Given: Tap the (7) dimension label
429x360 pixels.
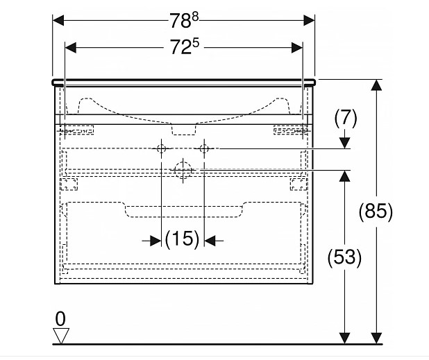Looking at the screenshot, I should [x=345, y=119].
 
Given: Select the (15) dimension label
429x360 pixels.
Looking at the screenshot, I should [x=182, y=240].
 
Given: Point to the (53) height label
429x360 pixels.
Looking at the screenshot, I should [x=345, y=258].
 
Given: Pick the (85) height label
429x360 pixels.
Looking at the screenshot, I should [x=377, y=211].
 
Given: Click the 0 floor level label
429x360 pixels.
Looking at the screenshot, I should [x=61, y=319].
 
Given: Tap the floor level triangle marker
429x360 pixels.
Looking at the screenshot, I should [x=62, y=336].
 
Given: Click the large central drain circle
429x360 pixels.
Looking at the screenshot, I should [x=182, y=169].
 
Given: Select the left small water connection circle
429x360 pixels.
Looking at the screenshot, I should [x=160, y=149].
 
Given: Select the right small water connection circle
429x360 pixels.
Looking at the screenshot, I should [x=204, y=149].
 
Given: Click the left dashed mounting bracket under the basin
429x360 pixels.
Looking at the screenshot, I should [x=77, y=129].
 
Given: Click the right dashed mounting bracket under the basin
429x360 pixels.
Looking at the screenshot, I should [x=289, y=129].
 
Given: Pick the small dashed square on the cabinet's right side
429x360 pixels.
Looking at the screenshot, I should [x=298, y=184].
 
